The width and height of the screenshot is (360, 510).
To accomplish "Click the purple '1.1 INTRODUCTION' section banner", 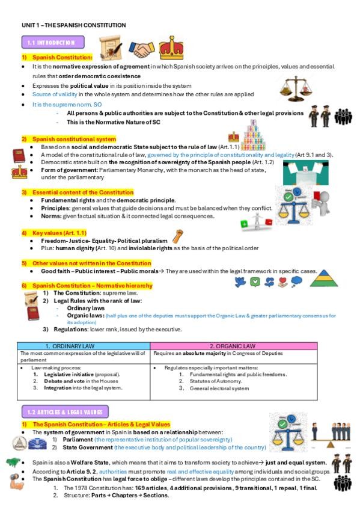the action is click(x=55, y=43).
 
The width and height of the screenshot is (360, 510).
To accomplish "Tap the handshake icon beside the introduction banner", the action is click(x=143, y=47).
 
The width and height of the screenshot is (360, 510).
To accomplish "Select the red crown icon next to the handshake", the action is click(x=171, y=46).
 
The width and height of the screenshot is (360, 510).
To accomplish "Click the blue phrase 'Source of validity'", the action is click(x=52, y=94).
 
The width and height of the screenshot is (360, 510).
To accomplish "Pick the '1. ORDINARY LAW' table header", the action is click(x=84, y=346).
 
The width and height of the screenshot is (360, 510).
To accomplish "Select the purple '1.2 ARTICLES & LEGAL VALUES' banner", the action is click(x=64, y=413).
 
